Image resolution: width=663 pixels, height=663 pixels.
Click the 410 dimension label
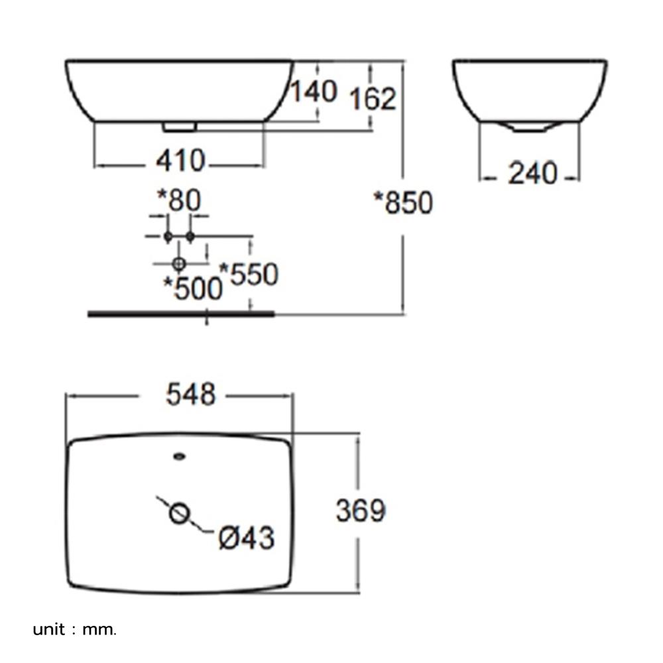click(180, 161)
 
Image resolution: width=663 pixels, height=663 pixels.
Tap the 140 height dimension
click(314, 91)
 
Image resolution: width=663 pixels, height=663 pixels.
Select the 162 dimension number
click(373, 99)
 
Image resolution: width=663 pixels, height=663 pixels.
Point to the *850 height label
click(403, 202)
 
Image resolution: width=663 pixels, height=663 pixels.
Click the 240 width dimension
click(532, 173)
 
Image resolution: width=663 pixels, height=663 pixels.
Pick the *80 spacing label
click(179, 200)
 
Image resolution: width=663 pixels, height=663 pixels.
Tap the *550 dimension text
click(249, 274)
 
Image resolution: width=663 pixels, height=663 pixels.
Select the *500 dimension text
click(193, 288)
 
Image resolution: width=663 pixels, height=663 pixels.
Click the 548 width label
click(191, 394)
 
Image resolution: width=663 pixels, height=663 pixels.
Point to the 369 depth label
click(361, 511)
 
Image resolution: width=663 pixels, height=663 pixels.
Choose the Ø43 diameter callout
click(247, 538)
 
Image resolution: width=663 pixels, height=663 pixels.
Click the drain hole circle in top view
click(179, 513)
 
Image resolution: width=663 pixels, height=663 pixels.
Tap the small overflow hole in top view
click(180, 456)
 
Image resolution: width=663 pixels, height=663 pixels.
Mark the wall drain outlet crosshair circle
click(179, 264)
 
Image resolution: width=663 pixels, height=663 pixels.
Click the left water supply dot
click(168, 236)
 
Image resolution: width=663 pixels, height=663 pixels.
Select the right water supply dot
click(190, 236)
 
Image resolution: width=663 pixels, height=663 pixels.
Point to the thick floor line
click(181, 314)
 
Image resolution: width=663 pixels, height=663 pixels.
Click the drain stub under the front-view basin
click(180, 127)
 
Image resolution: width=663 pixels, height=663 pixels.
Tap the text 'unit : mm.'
click(74, 630)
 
